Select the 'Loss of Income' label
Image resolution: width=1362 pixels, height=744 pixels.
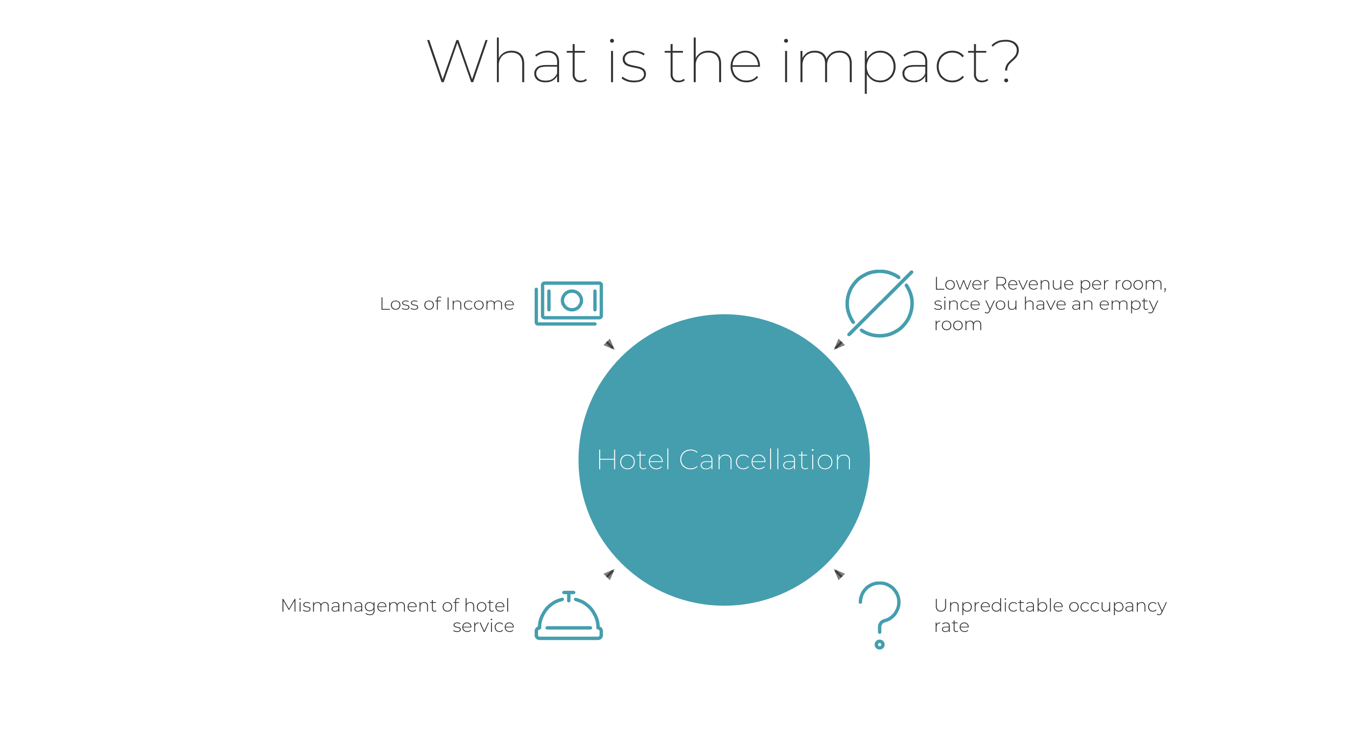click(447, 303)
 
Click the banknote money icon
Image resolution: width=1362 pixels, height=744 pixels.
click(568, 303)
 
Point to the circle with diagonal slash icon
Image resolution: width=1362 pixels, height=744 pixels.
click(879, 303)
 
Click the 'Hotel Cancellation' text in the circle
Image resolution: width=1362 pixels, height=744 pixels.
click(724, 460)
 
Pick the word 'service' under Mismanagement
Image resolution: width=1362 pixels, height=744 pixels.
click(483, 626)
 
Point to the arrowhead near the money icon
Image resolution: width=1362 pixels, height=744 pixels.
click(610, 344)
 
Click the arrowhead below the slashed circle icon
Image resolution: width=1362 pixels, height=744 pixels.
click(839, 344)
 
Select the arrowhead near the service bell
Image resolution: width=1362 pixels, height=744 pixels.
click(610, 574)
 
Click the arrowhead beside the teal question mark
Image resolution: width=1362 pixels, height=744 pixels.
click(839, 574)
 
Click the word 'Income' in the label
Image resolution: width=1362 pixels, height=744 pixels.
click(480, 303)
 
